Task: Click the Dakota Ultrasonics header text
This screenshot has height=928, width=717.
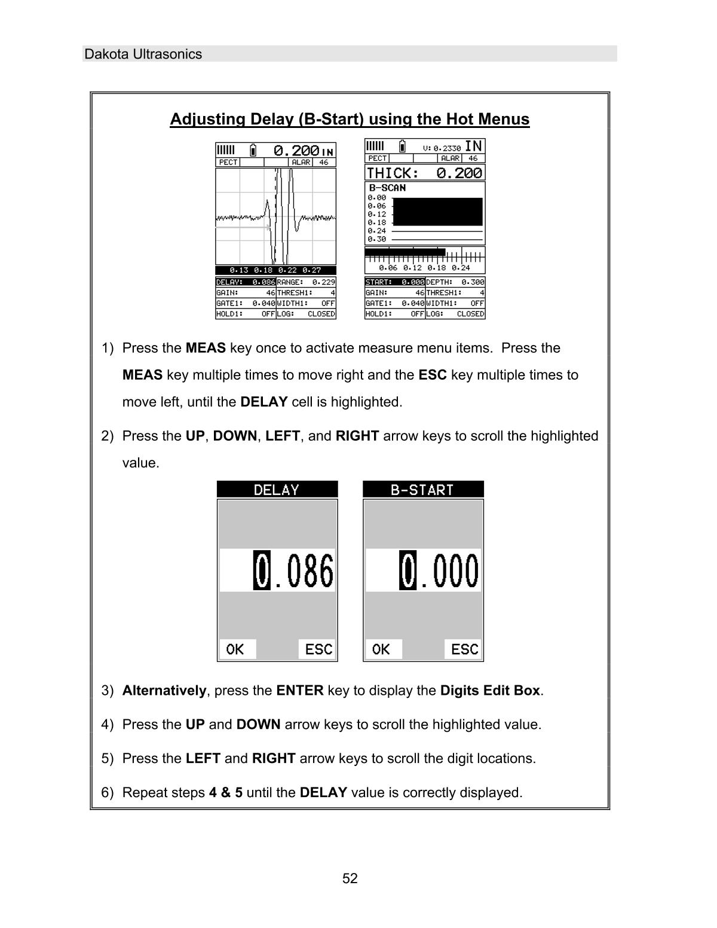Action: click(143, 54)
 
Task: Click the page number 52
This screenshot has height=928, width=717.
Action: click(350, 878)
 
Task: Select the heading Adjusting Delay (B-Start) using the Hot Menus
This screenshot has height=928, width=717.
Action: click(350, 120)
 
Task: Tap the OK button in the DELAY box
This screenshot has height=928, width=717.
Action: click(236, 649)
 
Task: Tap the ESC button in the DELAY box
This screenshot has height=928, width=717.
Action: click(318, 649)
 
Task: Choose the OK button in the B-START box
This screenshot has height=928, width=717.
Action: click(382, 649)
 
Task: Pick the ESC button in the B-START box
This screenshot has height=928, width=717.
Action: click(464, 649)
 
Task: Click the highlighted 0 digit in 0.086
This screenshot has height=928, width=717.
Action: click(262, 571)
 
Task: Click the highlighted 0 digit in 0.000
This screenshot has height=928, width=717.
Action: click(407, 571)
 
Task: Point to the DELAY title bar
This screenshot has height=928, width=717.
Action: click(277, 490)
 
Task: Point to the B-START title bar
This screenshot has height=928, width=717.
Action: click(423, 490)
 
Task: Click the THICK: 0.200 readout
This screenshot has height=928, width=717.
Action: click(424, 173)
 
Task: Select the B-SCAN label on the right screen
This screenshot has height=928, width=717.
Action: click(387, 188)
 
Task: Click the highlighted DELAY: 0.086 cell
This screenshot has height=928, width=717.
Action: click(246, 282)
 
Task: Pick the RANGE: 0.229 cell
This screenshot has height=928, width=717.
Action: click(306, 282)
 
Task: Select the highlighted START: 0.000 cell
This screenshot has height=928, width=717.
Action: click(395, 282)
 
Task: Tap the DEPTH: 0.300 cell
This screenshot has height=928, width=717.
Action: click(455, 282)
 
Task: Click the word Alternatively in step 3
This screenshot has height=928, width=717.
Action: click(164, 691)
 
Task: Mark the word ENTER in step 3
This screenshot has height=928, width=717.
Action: click(300, 691)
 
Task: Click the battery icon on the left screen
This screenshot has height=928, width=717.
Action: click(253, 150)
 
